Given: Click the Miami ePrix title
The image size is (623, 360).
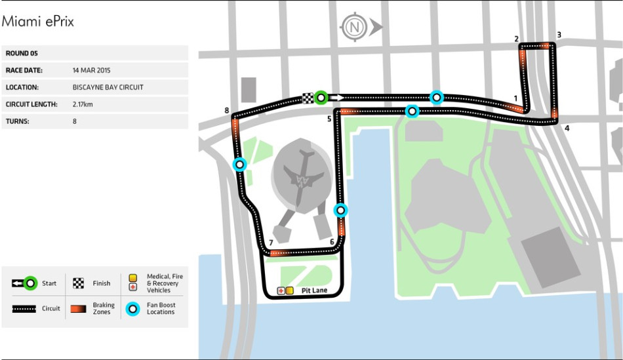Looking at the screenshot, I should pos(37,21).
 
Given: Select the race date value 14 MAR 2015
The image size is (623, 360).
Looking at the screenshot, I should pos(92,70).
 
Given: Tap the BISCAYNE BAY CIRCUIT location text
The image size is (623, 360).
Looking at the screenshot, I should pos(108,87).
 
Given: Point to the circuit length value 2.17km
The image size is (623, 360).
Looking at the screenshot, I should pos(83,104).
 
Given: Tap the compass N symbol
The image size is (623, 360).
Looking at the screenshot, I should pos(355,28).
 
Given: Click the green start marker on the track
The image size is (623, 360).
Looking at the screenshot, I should pos(321,98).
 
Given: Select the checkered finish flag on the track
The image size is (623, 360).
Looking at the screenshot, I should pos(308,98).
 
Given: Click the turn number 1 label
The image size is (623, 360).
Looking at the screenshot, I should pos(516,99).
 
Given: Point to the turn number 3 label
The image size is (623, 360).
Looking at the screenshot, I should pos(559,35).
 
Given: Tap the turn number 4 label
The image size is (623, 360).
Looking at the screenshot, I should pos(567,128).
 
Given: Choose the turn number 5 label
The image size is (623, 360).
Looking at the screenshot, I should pos(329,119).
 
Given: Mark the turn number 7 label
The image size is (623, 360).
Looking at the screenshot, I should pos(270,243).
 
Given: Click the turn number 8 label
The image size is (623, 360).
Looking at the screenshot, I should pos(227,111).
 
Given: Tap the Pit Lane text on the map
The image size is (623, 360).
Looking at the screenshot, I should pos(314,290).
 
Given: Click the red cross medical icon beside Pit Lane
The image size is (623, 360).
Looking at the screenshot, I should pos(281,290).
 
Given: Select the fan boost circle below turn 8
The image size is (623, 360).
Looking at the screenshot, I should pos(240,165).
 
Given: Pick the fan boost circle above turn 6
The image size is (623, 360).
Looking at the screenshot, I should pos(340,210).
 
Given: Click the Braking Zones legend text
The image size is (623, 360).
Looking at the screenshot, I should pos(103,308).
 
